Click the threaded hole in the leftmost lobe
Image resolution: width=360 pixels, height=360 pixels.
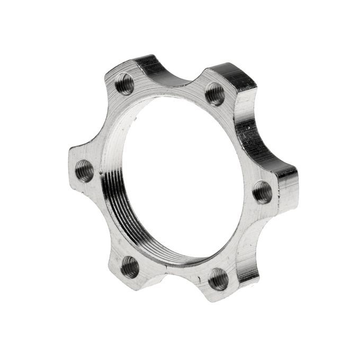click(x=84, y=170)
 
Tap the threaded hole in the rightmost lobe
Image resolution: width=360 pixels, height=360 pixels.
click(x=262, y=192)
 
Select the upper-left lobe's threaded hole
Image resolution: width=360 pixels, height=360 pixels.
click(x=125, y=83)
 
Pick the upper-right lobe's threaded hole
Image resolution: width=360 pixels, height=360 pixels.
click(x=215, y=94)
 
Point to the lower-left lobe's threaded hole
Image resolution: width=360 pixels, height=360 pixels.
click(x=130, y=267)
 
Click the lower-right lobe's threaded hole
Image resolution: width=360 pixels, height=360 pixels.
click(x=218, y=278)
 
